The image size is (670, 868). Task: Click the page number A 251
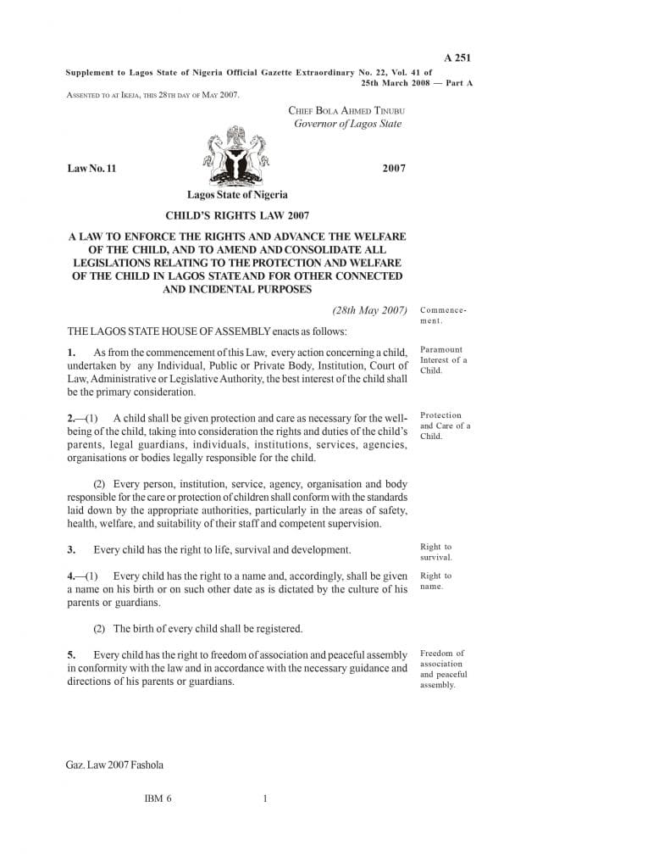coord(457,58)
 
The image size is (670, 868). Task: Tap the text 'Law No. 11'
coord(91,168)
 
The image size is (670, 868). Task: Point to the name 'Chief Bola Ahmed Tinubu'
coord(346,110)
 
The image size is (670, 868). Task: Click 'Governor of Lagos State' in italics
coord(347,124)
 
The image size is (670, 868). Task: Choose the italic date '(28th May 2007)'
coord(370,310)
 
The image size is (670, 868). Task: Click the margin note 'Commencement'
coord(443,315)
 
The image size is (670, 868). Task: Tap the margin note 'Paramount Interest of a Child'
coord(443,359)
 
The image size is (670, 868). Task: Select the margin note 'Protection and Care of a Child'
coord(445,426)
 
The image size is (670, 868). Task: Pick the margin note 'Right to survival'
coord(436,552)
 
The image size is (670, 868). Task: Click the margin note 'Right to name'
coord(435,581)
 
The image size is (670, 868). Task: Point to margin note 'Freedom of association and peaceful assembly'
coord(443,669)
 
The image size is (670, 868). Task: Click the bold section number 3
coord(72,550)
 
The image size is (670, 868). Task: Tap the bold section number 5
coord(72,654)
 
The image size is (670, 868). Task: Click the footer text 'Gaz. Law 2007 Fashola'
coord(114,765)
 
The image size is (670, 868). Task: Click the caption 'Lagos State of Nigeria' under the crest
coord(237,195)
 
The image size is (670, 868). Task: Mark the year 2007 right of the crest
coord(394,168)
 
